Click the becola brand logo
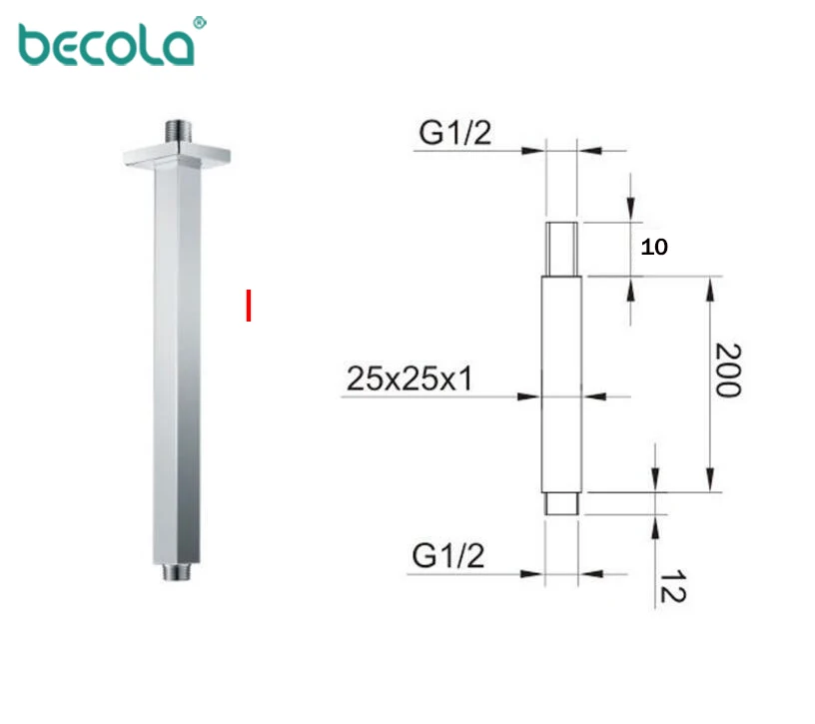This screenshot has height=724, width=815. (x=107, y=45)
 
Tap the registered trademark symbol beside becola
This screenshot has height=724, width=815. (x=200, y=23)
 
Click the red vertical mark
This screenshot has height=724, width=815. (x=249, y=306)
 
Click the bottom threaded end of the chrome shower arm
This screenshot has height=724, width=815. (x=176, y=572)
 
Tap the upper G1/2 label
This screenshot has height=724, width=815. (x=454, y=133)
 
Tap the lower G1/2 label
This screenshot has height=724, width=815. (x=448, y=556)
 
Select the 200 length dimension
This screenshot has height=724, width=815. (x=729, y=370)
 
